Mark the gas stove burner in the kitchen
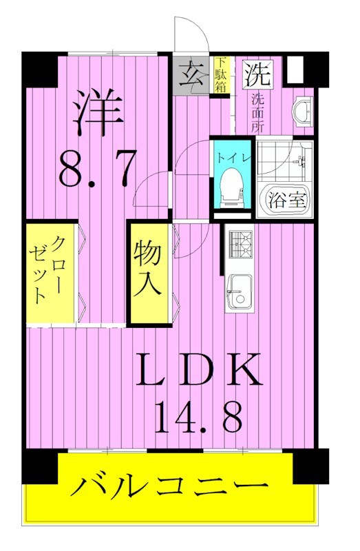tap(239, 245)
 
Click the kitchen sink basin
tap(238, 292)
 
